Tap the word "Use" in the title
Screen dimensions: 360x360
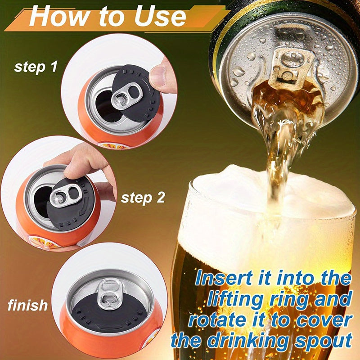(x=159, y=17)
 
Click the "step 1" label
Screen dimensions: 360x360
(x=36, y=67)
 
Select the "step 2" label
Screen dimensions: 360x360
(x=143, y=198)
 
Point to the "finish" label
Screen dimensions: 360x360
(x=27, y=306)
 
